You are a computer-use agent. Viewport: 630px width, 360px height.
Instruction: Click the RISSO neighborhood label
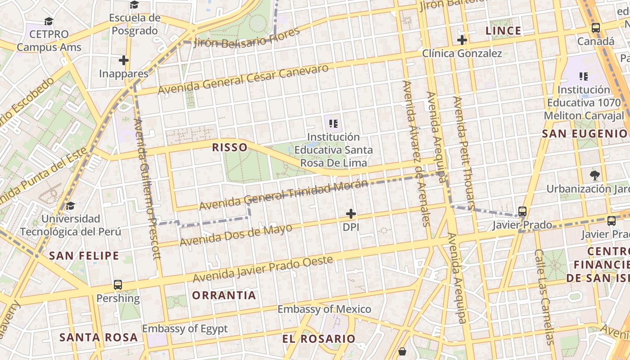tap(229, 147)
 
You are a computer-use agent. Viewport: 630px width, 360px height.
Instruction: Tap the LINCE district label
tap(504, 31)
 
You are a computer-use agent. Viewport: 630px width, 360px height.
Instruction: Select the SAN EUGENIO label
tap(585, 134)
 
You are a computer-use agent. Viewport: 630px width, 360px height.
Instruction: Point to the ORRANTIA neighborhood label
tap(224, 296)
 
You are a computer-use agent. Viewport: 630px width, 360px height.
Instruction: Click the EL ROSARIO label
tap(319, 339)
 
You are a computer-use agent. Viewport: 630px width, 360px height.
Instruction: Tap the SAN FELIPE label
tap(84, 256)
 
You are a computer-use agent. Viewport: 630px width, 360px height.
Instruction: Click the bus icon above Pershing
tap(118, 285)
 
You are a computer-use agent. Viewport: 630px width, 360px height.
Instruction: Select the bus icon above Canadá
tap(596, 28)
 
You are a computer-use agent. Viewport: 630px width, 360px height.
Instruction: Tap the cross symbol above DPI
tap(351, 214)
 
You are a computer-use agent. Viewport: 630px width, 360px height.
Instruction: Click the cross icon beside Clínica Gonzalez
tap(462, 40)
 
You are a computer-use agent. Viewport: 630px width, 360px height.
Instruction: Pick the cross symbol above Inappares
tap(124, 60)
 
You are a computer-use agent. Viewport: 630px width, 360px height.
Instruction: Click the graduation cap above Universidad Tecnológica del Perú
tap(70, 206)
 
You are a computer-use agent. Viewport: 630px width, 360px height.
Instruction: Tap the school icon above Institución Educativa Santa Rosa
tap(333, 123)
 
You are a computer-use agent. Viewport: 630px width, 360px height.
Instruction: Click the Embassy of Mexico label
tap(324, 309)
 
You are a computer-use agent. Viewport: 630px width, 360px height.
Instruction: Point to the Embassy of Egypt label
tap(185, 329)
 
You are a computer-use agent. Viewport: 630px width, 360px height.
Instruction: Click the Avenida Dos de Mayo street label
tap(236, 235)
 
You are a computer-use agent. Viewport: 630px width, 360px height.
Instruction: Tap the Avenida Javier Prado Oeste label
tap(263, 269)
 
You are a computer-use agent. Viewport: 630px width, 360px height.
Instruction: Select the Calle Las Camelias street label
tap(543, 297)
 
